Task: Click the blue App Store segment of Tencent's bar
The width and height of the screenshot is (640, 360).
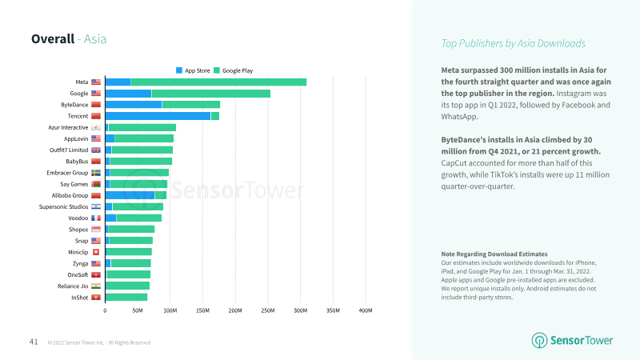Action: (x=158, y=116)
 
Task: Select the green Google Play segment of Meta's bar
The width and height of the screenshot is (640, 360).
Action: (x=218, y=82)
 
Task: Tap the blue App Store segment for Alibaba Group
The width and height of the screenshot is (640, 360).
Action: (x=130, y=195)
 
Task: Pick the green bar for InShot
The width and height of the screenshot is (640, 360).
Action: (x=126, y=298)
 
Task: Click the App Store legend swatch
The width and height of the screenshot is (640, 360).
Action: (x=179, y=70)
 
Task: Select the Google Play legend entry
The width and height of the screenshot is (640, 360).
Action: (x=234, y=70)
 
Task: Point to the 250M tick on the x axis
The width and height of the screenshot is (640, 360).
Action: (x=268, y=310)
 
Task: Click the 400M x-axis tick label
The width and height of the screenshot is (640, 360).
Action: (x=366, y=310)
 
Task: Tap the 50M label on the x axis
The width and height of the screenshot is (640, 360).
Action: (x=138, y=310)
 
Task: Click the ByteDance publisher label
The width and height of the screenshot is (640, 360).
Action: (x=74, y=105)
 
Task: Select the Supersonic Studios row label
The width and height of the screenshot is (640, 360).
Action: (x=63, y=207)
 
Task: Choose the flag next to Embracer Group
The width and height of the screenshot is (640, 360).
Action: (x=96, y=173)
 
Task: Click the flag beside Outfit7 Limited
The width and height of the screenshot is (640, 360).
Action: (x=96, y=150)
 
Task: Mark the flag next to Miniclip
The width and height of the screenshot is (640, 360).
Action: (x=96, y=252)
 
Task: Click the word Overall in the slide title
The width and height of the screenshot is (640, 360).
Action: (x=53, y=38)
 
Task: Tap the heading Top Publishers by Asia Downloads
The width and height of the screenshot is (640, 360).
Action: (x=513, y=43)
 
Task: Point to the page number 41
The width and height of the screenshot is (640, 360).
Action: (x=34, y=342)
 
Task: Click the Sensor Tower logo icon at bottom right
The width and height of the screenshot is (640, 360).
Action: (x=539, y=341)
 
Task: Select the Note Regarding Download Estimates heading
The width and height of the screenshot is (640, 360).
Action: (x=494, y=254)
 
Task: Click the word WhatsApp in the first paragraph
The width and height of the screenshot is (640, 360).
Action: (x=459, y=117)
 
